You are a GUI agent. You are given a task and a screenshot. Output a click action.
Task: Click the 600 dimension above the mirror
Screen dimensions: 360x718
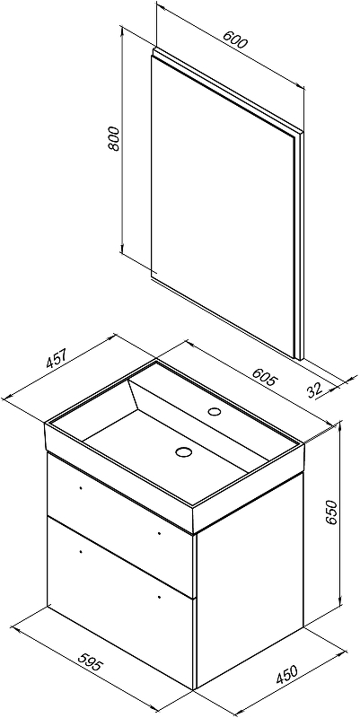tap(235, 39)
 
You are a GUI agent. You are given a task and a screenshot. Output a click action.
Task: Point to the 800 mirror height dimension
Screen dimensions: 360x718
tap(113, 138)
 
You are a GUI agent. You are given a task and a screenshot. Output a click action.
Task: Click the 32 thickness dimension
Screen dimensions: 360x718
tap(315, 390)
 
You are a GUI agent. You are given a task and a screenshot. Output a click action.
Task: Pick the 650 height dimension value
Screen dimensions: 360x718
tap(331, 512)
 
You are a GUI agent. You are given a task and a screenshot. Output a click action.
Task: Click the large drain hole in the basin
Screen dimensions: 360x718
tap(183, 452)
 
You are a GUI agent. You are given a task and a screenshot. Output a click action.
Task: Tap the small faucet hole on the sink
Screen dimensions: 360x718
tap(214, 411)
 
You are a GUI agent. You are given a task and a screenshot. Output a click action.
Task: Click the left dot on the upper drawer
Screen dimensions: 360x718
tap(81, 488)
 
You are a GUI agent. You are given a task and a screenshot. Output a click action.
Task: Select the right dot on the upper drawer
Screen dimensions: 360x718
tap(159, 532)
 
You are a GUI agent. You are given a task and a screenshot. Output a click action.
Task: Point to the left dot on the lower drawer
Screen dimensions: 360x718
tap(81, 551)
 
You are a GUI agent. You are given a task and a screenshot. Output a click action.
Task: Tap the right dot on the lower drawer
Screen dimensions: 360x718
tap(159, 596)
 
